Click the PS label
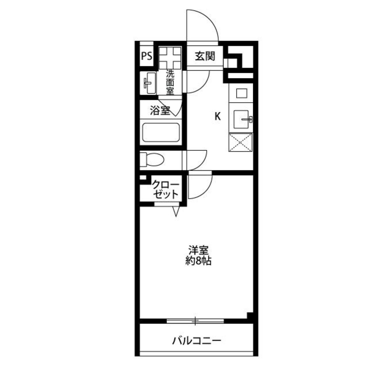[147, 56]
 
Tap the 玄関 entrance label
[205, 56]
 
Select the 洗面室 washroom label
[170, 82]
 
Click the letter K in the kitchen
[218, 116]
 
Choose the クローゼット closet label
[166, 190]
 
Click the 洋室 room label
[199, 250]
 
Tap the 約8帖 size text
[199, 261]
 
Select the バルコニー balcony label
[197, 340]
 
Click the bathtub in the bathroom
[161, 132]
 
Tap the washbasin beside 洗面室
[150, 83]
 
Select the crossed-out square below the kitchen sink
[241, 142]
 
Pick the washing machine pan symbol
[170, 57]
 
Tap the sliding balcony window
[195, 321]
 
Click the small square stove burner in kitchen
[241, 93]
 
